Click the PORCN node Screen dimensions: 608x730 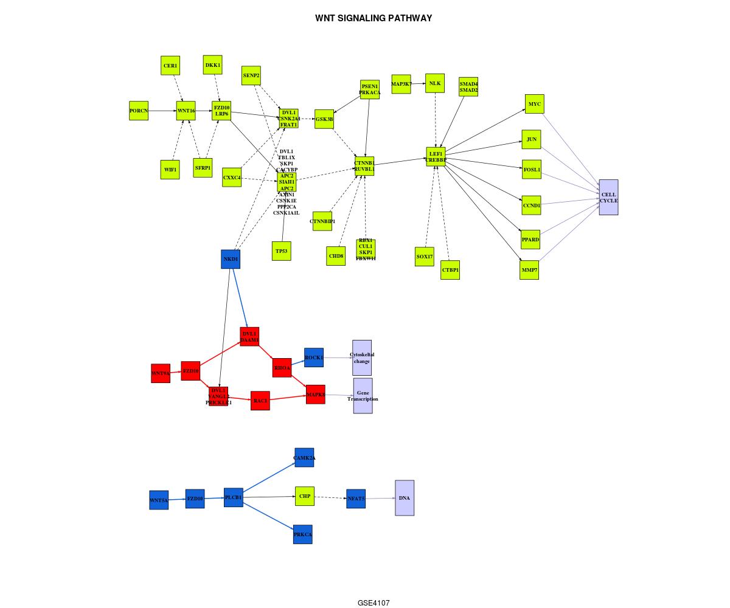click(x=139, y=111)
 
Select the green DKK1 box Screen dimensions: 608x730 click(x=213, y=64)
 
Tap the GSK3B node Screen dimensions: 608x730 click(x=324, y=119)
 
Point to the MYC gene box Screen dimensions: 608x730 click(x=534, y=104)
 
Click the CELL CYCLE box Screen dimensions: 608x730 click(x=608, y=197)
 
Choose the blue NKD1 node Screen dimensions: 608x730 click(x=231, y=259)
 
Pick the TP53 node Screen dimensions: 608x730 click(x=282, y=250)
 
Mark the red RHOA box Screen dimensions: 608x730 click(x=282, y=367)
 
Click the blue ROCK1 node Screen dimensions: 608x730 click(x=314, y=358)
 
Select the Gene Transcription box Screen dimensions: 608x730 click(x=363, y=396)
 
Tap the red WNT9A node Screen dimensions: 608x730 click(x=161, y=373)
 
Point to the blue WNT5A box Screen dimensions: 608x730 click(x=159, y=500)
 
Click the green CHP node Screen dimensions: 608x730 click(x=305, y=496)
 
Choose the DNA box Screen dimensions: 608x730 click(x=405, y=498)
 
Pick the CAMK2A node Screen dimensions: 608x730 click(x=304, y=458)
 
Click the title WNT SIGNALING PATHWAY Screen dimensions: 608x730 click(x=374, y=18)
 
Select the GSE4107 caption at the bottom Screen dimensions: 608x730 click(x=374, y=603)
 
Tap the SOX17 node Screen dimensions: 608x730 click(x=425, y=257)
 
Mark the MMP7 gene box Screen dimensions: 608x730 click(x=529, y=270)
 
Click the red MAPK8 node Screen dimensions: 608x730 click(x=316, y=394)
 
